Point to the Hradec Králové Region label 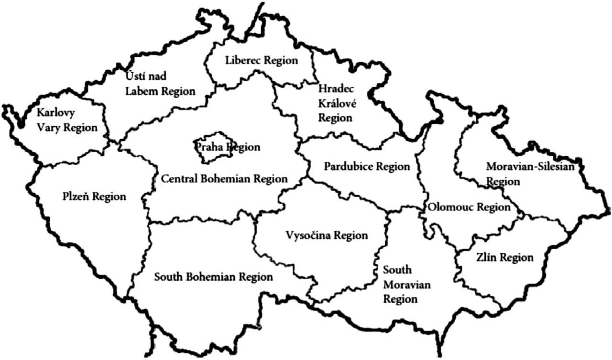(336, 103)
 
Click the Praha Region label (228, 147)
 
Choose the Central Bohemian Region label (224, 179)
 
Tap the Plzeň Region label (94, 196)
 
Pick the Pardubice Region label (367, 166)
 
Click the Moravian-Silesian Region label (530, 174)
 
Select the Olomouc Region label (469, 207)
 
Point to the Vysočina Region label (327, 235)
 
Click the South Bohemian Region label (213, 277)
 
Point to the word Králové (336, 103)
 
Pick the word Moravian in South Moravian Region (407, 285)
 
